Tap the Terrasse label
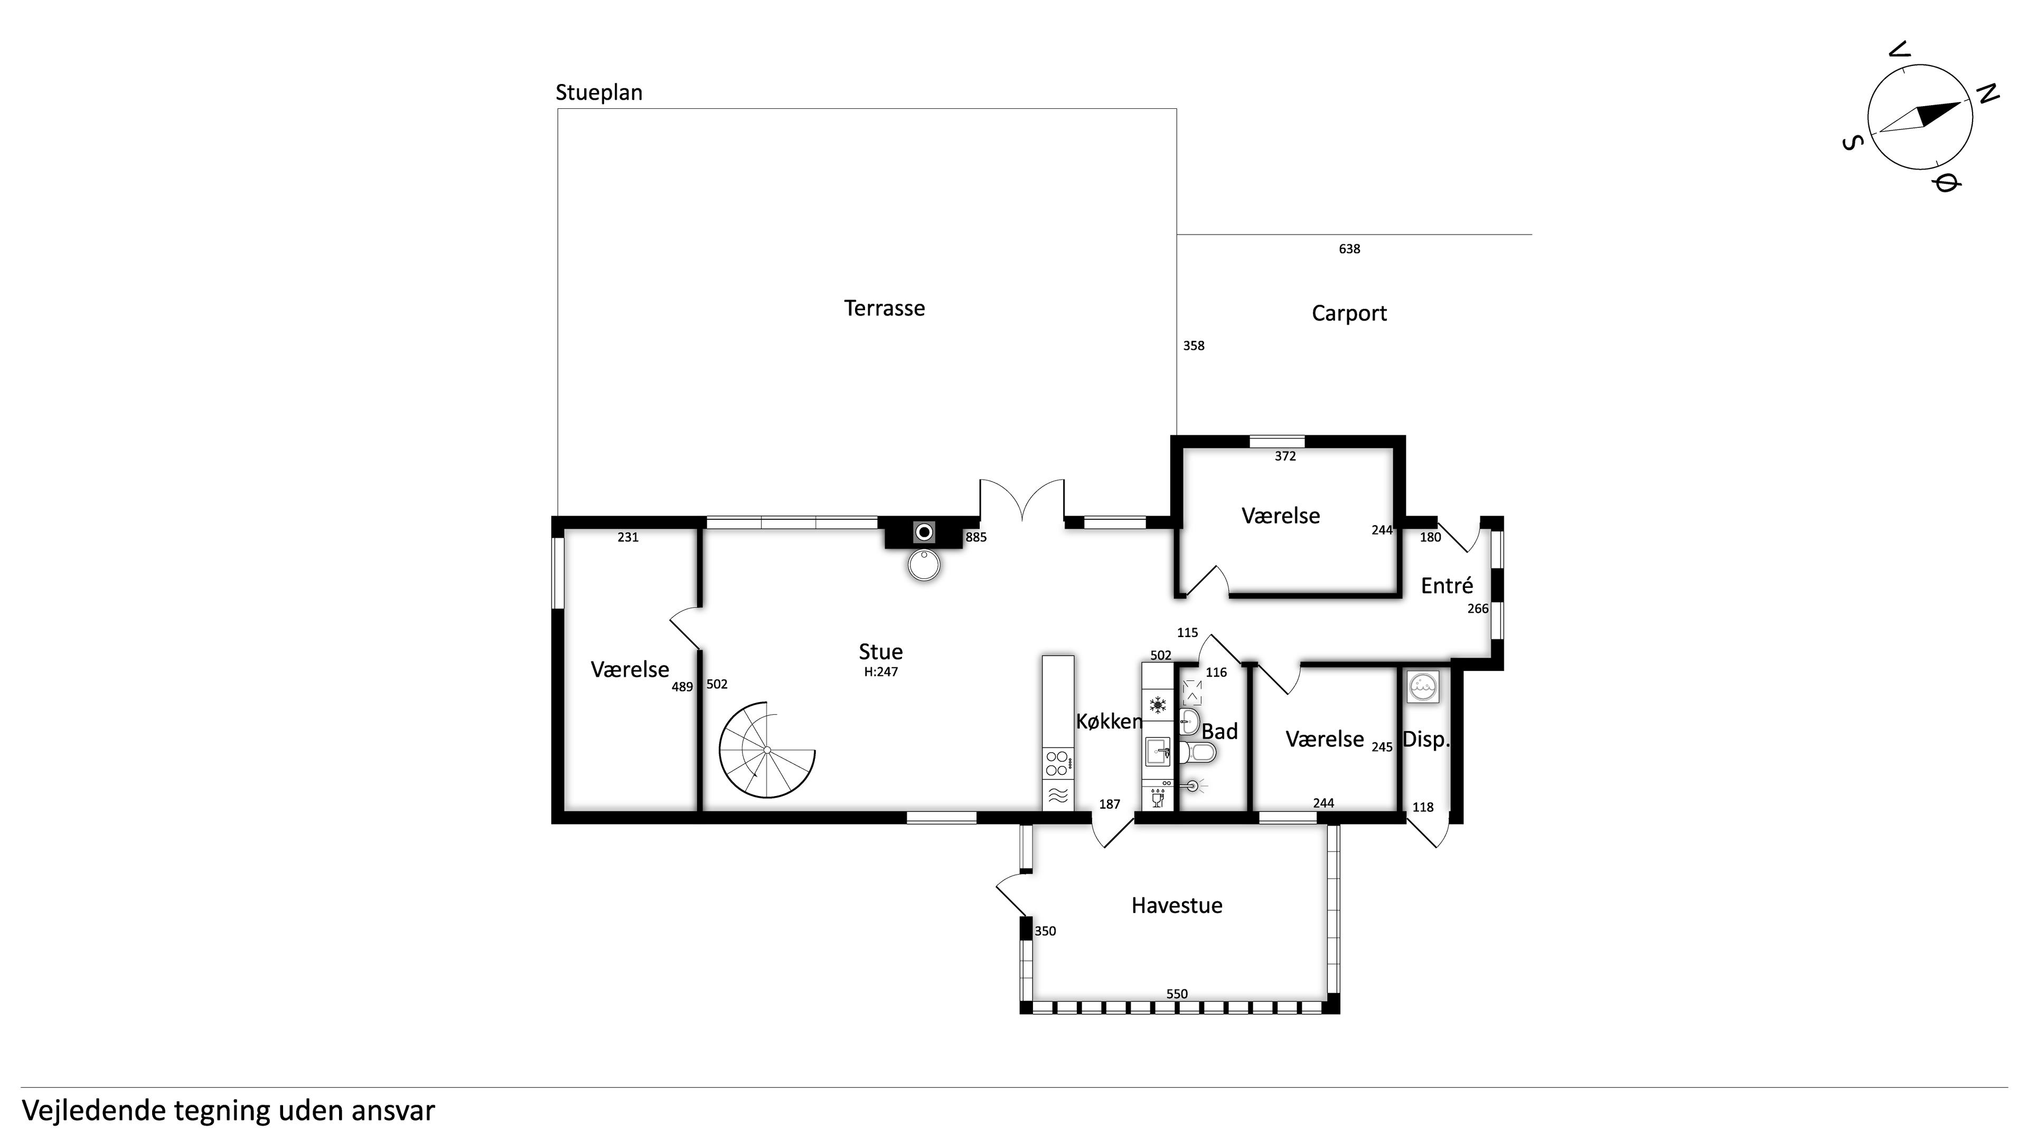(884, 308)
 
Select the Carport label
(1349, 313)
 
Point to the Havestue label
(1176, 905)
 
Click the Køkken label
(1109, 721)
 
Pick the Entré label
(1446, 585)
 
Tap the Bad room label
(1219, 732)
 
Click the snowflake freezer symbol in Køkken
(1157, 704)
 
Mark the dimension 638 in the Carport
(1349, 249)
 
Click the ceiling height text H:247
(881, 672)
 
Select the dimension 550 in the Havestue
(1177, 994)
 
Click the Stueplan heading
(599, 93)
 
